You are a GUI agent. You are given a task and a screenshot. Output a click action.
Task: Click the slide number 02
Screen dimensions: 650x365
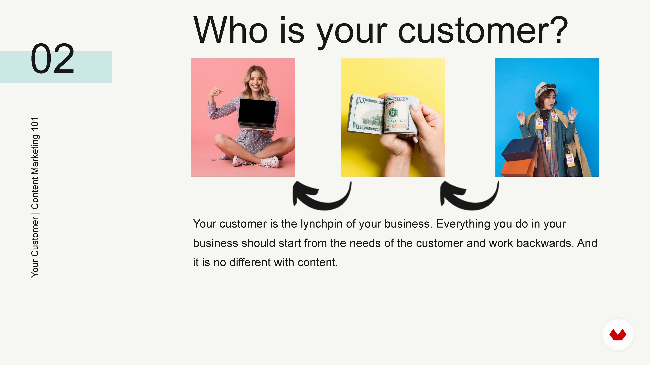coord(52,58)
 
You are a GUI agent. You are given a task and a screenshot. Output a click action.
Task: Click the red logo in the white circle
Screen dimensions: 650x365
coord(618,335)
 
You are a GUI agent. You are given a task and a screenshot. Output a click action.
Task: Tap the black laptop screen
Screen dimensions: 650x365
coord(257,111)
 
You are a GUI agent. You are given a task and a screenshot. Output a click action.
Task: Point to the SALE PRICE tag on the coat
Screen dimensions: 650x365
coord(570,160)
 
